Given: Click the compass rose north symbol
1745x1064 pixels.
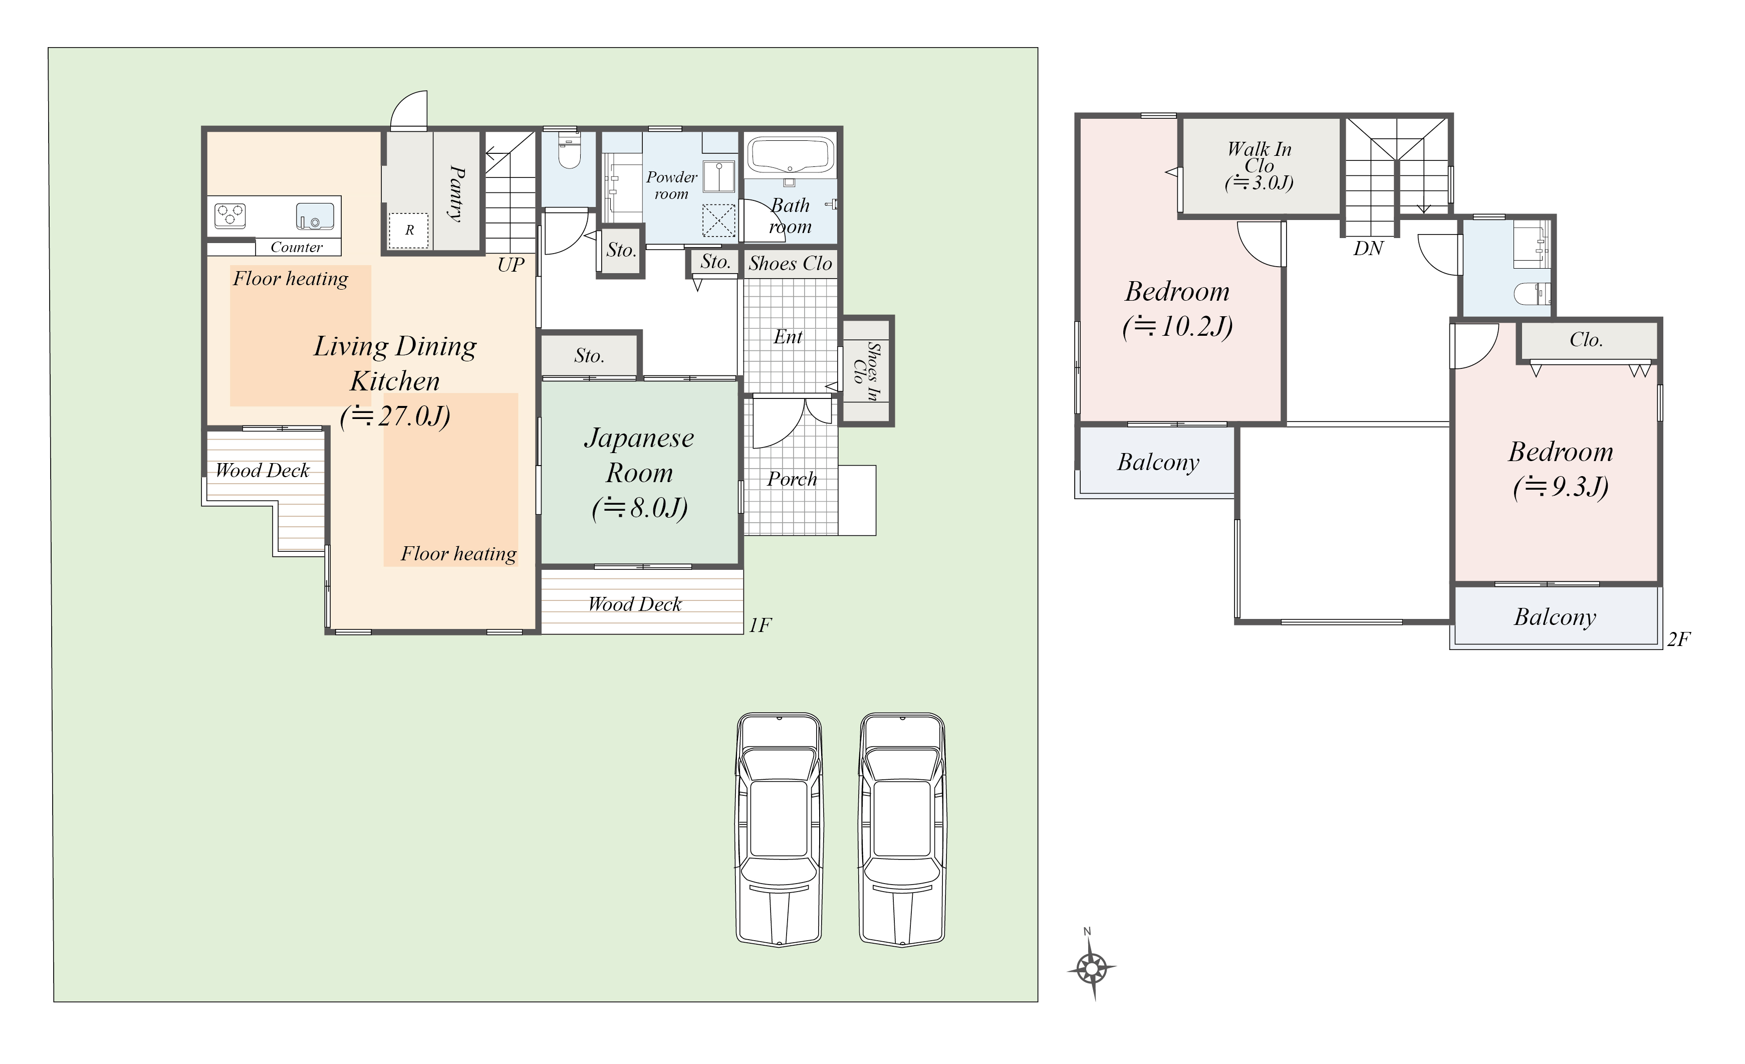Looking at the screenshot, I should coord(1092,967).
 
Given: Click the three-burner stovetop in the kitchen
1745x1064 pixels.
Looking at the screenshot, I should coord(230,215).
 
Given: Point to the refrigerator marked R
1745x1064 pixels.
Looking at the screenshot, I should coord(409,230).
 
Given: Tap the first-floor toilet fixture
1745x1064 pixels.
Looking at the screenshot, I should coord(569,151).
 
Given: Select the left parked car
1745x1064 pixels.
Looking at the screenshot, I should coord(779,829).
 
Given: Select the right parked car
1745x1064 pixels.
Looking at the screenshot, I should coord(902,829).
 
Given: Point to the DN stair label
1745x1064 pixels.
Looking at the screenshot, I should coord(1368,249).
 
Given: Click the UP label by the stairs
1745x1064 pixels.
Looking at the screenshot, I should coord(511,265).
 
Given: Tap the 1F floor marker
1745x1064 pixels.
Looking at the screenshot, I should coord(760,625).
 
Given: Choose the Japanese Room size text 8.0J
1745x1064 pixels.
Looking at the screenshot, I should coord(639,508).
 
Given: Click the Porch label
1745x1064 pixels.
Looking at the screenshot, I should coord(792,480).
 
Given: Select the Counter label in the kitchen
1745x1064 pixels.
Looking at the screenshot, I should coord(296,247).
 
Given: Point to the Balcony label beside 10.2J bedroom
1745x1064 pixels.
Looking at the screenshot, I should coord(1158,463).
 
